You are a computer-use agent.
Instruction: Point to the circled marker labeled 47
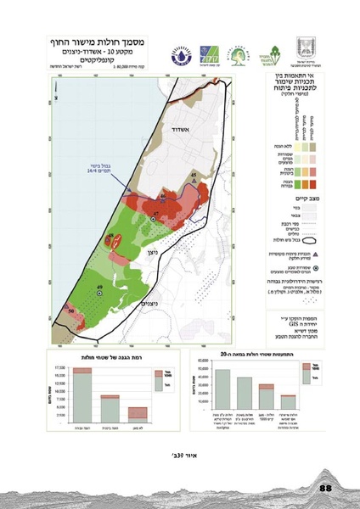(154, 219)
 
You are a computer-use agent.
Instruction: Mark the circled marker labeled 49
(99, 292)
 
